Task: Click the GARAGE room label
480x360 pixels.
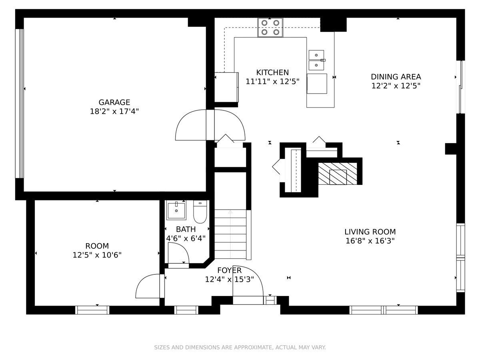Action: click(114, 102)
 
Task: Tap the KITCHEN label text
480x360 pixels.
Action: click(272, 72)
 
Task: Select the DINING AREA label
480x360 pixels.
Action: click(396, 77)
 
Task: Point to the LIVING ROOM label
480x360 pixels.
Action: click(370, 232)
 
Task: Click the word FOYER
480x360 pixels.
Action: click(229, 270)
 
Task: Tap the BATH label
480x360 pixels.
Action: click(186, 229)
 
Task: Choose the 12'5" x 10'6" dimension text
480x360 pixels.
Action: click(97, 255)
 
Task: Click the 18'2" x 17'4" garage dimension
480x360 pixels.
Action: click(114, 112)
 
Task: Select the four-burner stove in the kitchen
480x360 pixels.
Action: click(270, 28)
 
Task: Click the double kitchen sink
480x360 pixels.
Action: click(316, 60)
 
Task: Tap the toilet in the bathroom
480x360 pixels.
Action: click(200, 212)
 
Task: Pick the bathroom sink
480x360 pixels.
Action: click(176, 210)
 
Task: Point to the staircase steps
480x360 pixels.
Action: click(230, 234)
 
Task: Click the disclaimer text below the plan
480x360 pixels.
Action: click(240, 347)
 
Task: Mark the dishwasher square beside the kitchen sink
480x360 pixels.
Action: click(317, 84)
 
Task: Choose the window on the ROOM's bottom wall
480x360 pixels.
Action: click(92, 310)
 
